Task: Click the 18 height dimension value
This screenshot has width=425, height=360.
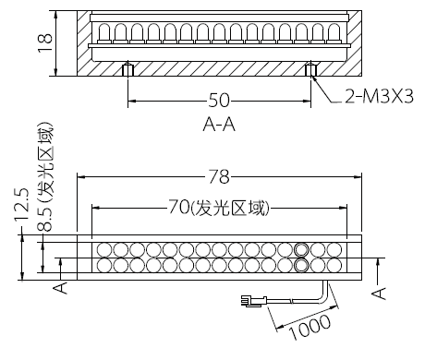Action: (45, 43)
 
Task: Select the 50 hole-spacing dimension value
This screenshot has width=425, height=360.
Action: (219, 101)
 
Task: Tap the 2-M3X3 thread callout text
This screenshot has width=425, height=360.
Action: (379, 97)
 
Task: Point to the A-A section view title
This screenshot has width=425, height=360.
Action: (219, 125)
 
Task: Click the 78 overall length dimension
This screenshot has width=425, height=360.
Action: (219, 176)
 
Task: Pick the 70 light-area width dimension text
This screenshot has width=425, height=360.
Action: (219, 208)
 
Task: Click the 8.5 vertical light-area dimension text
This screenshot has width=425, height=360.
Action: (45, 177)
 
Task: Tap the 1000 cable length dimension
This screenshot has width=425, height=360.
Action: (310, 327)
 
